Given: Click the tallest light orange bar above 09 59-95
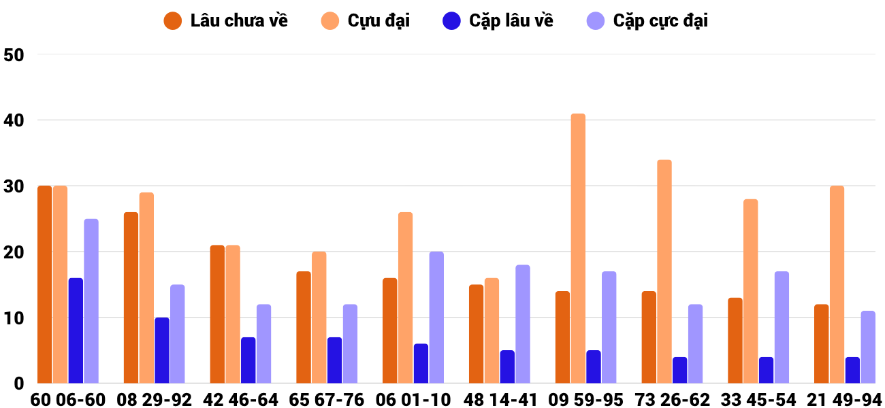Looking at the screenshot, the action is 578,248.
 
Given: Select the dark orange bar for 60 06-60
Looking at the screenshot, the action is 45,284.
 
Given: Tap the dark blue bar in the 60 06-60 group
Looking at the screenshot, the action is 76,330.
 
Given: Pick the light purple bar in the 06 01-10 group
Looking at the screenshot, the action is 436,318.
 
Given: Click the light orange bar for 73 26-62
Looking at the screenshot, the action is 664,271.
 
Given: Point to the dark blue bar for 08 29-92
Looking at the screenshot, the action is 162,350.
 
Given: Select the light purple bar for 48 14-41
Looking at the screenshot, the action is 523,324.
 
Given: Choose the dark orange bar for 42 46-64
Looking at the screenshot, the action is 217,314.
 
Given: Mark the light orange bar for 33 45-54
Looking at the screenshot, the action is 751,291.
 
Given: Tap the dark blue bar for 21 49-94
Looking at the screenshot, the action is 852,370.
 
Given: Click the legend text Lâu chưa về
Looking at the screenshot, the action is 239,20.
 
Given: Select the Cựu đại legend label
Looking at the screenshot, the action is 379,20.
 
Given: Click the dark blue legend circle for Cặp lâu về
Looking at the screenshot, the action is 451,21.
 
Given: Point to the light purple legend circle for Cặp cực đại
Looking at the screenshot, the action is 596,21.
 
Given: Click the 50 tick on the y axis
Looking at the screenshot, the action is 14,55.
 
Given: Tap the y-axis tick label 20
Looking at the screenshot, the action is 14,252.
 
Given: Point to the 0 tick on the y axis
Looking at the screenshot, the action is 19,384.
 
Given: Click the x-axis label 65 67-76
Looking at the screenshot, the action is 326,400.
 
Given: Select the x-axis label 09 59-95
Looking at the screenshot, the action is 585,400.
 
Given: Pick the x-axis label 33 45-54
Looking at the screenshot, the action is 758,400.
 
